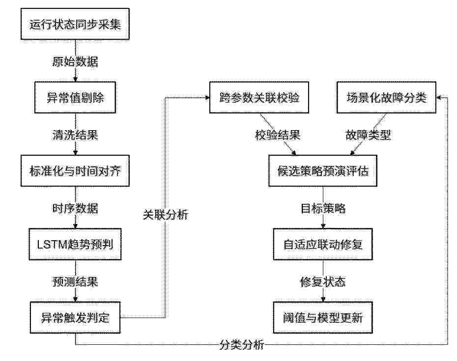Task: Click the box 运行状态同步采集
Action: coord(75,24)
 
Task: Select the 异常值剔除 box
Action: coord(75,97)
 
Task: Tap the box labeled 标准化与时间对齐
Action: coord(75,171)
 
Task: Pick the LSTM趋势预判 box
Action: coord(75,244)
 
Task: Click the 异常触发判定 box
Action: coord(75,318)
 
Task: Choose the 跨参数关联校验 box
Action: coord(259,97)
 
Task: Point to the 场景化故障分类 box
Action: coord(386,97)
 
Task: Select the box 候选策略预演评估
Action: coord(323,171)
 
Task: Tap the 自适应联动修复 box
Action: coord(323,244)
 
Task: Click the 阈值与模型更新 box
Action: coord(323,318)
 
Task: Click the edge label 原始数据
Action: coord(75,61)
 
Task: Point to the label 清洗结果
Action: coord(75,135)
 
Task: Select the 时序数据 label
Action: coord(75,208)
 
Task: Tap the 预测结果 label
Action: coord(75,282)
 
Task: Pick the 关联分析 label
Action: coord(166,215)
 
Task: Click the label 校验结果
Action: coord(278,135)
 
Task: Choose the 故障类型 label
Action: coord(368,135)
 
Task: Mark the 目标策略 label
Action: coord(323,208)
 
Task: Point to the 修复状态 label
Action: coord(323,282)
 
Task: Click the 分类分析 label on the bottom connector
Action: coord(242,345)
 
